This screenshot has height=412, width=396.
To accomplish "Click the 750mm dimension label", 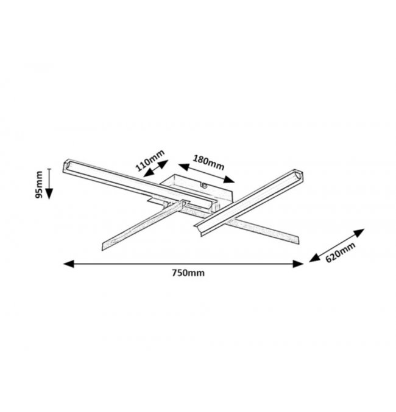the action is point(188,273).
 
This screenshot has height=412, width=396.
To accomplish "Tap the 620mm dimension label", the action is point(340,253).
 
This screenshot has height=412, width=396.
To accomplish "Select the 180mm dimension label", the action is point(208,162).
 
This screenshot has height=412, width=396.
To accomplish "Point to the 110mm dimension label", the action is point(150,160).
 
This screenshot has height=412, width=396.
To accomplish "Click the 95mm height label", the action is point(39,184).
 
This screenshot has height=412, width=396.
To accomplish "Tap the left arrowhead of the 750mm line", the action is point(68,264).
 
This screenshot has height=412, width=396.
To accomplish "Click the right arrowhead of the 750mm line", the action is point(298,264).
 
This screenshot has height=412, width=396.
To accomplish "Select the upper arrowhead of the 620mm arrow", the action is point(359,233).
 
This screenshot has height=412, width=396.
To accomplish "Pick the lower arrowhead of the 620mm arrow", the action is point(315,258).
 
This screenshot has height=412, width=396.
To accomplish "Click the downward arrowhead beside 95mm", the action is point(49,194).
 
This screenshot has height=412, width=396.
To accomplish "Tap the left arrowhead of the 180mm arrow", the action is point(184,167).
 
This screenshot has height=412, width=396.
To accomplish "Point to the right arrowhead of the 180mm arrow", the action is point(229,179).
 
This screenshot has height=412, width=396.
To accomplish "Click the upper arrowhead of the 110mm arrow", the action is point(163,164).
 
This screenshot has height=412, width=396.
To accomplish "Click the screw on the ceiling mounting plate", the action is point(203,186).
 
